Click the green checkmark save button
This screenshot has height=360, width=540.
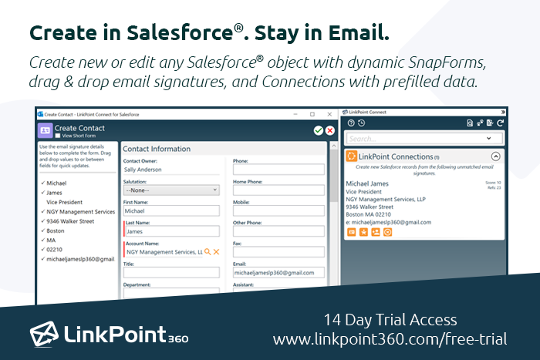[x=319, y=131]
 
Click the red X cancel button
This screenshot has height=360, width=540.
[x=330, y=131]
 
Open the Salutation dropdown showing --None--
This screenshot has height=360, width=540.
[x=171, y=189]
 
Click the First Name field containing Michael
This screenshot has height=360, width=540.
[x=171, y=210]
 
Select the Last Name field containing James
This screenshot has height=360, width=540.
[x=171, y=230]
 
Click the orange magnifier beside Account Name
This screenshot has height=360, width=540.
[x=208, y=251]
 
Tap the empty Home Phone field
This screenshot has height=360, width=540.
[x=278, y=189]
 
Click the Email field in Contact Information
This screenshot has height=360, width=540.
[x=278, y=272]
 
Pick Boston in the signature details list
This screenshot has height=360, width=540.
[x=56, y=230]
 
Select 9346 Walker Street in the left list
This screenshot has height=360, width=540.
[x=70, y=221]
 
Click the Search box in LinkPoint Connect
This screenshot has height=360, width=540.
[x=417, y=139]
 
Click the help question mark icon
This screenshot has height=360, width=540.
[x=351, y=123]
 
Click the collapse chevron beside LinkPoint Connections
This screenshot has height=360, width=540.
[x=496, y=156]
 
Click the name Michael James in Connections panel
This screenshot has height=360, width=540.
[x=369, y=183]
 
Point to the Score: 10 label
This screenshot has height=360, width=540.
[x=491, y=182]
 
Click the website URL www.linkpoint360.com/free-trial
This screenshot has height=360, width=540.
[x=390, y=339]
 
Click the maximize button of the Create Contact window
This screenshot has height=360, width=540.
[x=312, y=114]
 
